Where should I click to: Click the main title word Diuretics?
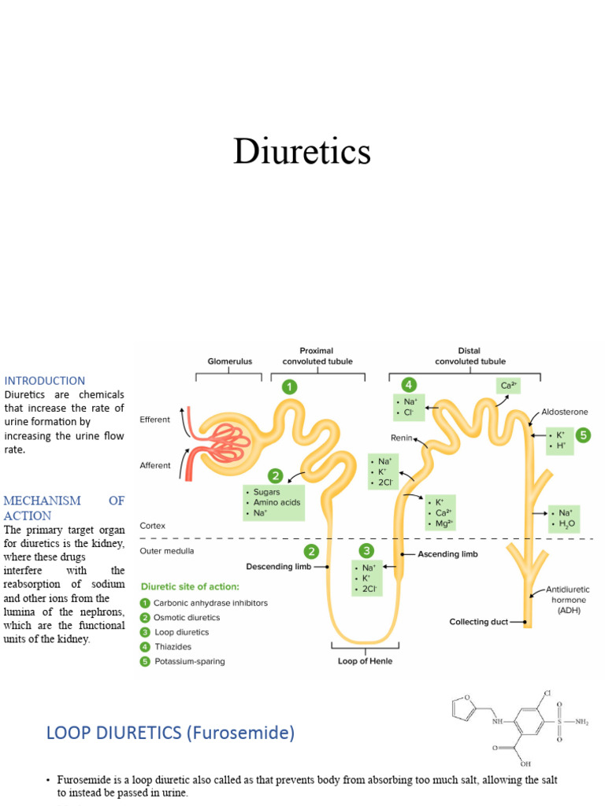tap(302, 151)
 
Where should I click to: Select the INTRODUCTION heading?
tap(45, 380)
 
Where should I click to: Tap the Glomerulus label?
tap(229, 361)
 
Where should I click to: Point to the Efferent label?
tap(154, 420)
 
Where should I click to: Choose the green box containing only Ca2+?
tap(507, 386)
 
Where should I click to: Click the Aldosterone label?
tap(564, 412)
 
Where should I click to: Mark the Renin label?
tap(402, 437)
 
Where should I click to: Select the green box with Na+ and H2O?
tap(563, 518)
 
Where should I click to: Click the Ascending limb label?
tap(448, 554)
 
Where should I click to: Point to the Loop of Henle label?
tap(365, 661)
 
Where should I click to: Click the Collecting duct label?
tap(478, 622)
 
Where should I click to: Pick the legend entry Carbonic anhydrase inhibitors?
tap(210, 603)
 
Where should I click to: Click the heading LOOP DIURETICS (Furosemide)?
tap(170, 733)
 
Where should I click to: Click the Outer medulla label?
tap(166, 551)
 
